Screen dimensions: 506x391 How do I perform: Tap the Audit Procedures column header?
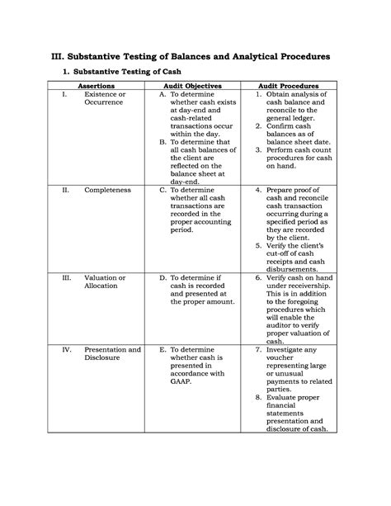[x=289, y=85]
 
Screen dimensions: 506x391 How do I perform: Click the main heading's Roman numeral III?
[x=64, y=54]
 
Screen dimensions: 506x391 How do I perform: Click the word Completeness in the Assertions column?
[x=107, y=189]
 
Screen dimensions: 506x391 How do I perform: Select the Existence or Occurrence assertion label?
[x=105, y=100]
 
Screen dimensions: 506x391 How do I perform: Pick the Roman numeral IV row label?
[x=66, y=350]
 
